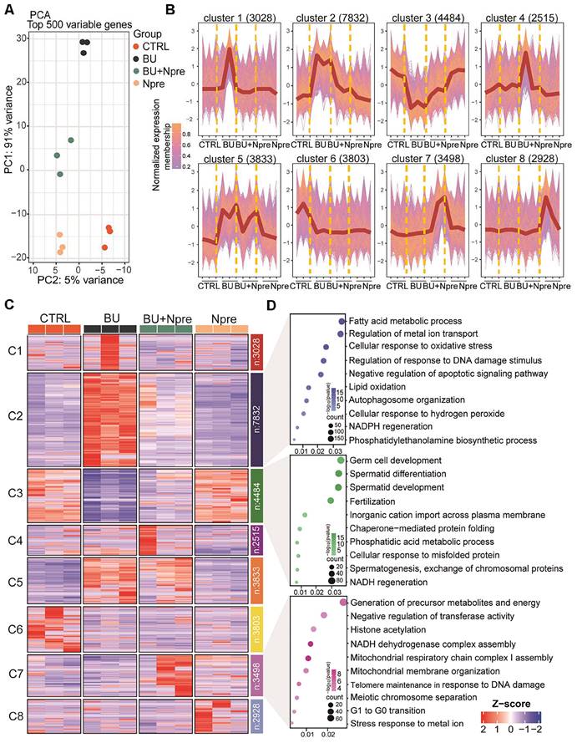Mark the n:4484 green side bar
point(256,494)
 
